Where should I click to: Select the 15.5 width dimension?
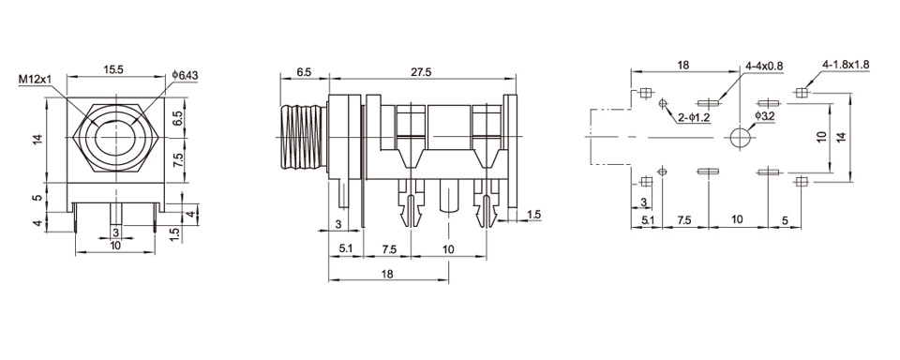point(114,69)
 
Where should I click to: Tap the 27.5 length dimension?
point(421,71)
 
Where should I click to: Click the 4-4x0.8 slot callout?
point(765,66)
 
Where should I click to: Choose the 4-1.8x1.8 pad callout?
point(846,65)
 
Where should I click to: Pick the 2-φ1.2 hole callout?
point(694,118)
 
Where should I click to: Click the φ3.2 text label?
point(765,116)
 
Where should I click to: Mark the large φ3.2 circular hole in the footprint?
point(740,138)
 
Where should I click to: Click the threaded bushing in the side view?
point(303,138)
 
